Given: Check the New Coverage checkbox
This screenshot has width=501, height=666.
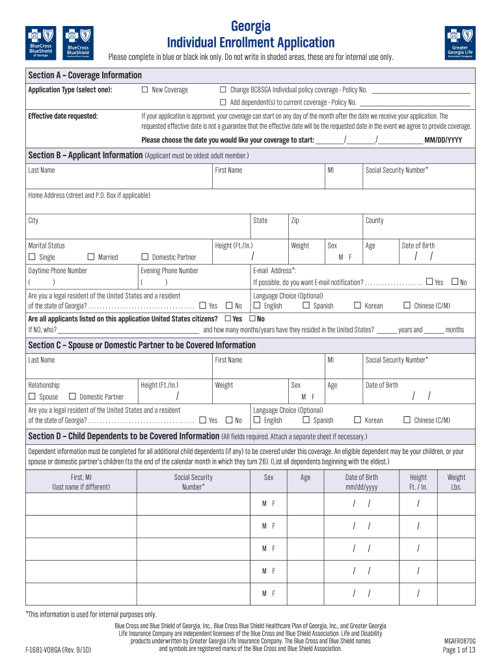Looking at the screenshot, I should coord(145,90).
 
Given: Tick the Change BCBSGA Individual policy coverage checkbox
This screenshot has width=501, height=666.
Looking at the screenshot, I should coord(223,90).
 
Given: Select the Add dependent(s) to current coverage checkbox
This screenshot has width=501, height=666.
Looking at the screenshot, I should coord(223,103).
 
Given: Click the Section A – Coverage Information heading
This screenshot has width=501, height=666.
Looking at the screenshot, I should coord(85,75).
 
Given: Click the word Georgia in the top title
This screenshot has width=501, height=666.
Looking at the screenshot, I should coord(251,26).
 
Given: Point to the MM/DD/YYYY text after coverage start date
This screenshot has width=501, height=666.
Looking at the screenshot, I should coord(443,140).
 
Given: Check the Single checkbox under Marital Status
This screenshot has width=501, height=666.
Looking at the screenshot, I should coord(31,257).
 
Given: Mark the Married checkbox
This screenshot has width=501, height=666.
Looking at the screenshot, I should coord(91,257).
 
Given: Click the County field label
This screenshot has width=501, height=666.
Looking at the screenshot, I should coord(375,220).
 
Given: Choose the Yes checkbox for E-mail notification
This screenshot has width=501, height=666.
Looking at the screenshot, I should coord(429,282).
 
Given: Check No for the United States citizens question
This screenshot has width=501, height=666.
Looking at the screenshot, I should coord(252,319).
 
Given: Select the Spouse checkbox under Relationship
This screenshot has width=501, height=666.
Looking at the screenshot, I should coord(31,397).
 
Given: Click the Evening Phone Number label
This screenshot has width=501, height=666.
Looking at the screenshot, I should coord(170,271).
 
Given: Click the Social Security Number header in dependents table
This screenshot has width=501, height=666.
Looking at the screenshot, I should coord(193,482).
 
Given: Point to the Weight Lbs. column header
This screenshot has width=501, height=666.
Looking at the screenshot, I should coord(456,482).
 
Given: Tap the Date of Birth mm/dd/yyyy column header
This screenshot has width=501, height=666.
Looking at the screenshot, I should coord(361,482).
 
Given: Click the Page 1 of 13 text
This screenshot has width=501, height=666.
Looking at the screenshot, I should coord(459,650).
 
